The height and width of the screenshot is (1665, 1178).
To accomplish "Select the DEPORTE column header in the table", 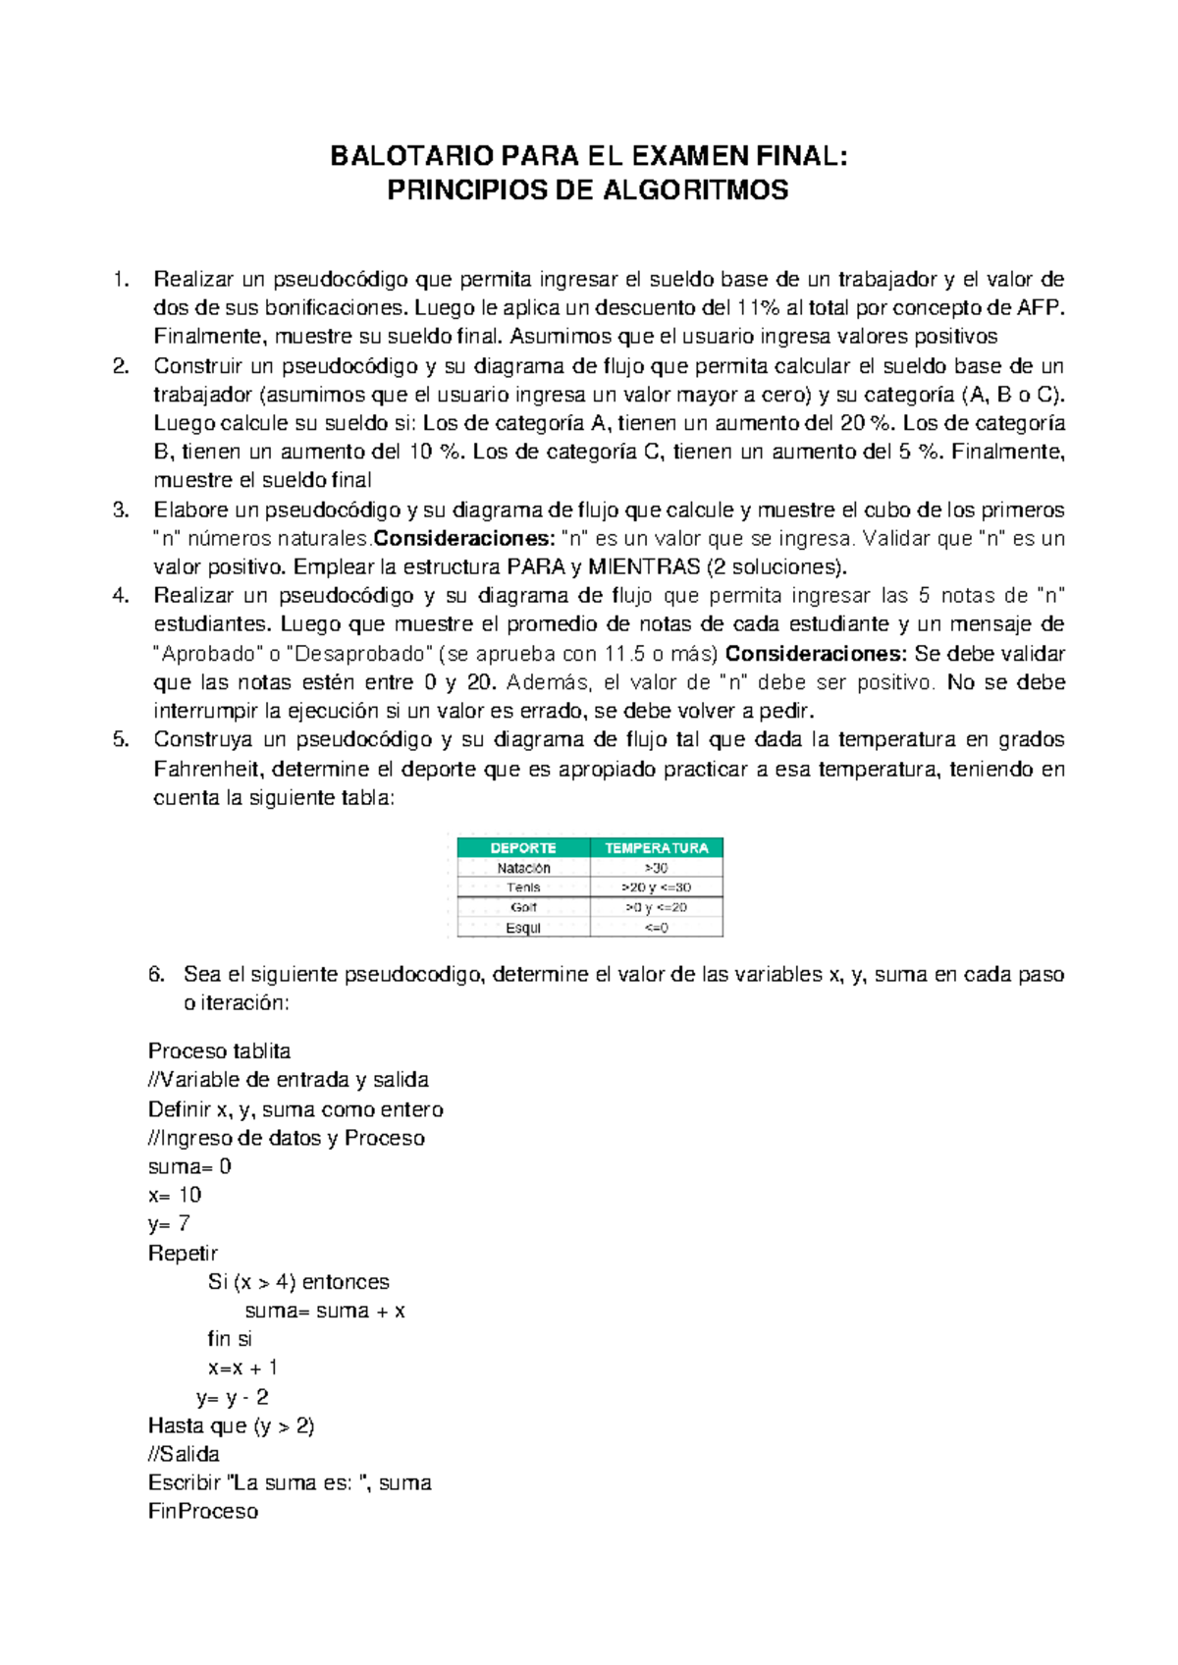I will [523, 848].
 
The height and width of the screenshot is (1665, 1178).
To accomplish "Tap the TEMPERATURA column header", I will [657, 848].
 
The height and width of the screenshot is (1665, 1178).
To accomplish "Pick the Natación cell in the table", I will [523, 868].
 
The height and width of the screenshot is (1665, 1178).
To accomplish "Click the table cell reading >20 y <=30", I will [657, 887].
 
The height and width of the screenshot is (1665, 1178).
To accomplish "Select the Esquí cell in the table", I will [523, 928].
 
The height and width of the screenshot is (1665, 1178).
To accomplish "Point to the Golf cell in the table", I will [523, 908].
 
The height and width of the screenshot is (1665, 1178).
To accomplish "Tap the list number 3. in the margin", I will [121, 510].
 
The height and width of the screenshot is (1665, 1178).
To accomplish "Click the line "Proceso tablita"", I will [219, 1051].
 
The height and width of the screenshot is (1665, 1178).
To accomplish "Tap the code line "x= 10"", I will [175, 1196].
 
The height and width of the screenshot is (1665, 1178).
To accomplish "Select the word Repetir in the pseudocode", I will [183, 1254].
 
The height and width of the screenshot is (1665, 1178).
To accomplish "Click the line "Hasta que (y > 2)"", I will [231, 1426].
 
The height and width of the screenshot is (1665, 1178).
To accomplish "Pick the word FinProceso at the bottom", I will [203, 1512].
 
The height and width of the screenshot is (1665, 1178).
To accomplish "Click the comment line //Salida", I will [184, 1455].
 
